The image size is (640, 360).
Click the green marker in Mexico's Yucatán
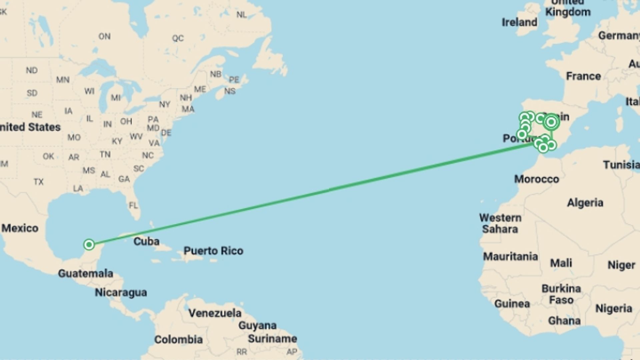tap(89, 245)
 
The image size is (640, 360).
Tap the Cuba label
tap(146, 241)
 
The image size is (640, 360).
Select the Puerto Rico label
tap(213, 251)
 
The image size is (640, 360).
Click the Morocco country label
tap(536, 179)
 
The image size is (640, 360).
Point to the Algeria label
tap(585, 203)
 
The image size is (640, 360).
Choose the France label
tap(583, 76)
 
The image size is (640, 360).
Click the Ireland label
tap(519, 22)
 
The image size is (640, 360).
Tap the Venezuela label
tap(215, 313)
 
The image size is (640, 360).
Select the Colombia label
tap(178, 340)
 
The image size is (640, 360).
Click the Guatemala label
tap(86, 274)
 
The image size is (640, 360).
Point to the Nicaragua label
tap(121, 292)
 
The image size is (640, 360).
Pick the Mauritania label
tap(510, 256)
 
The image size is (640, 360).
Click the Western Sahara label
tap(500, 223)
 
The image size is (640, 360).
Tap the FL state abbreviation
tap(133, 205)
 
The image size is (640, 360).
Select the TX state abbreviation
tap(39, 182)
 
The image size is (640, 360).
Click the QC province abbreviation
tap(178, 38)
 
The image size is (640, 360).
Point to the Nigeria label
tap(614, 309)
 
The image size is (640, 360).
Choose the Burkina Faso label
tap(561, 294)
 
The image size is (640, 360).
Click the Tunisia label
tap(621, 165)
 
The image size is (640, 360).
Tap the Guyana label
tap(257, 325)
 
